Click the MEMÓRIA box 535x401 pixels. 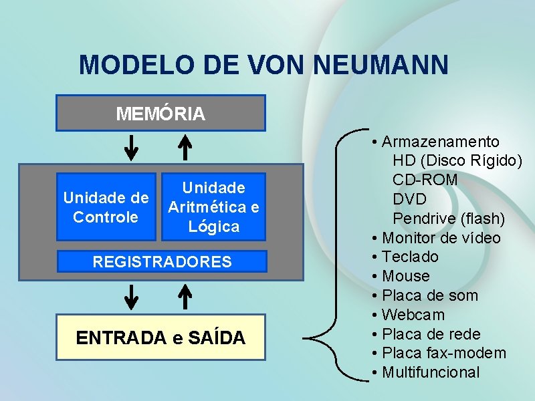pyautogui.click(x=160, y=113)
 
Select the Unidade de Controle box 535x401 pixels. pyautogui.click(x=106, y=207)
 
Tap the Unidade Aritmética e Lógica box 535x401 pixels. pyautogui.click(x=213, y=207)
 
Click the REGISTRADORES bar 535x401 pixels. pyautogui.click(x=162, y=261)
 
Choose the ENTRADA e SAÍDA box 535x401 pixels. pyautogui.click(x=160, y=338)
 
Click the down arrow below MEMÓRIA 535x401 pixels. pyautogui.click(x=132, y=147)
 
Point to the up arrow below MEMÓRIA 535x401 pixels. pyautogui.click(x=185, y=147)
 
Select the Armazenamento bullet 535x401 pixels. pyautogui.click(x=440, y=142)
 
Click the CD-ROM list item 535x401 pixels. pyautogui.click(x=425, y=180)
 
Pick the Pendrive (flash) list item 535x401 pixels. pyautogui.click(x=449, y=219)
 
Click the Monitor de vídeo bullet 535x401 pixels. pyautogui.click(x=441, y=238)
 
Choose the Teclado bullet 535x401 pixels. pyautogui.click(x=410, y=257)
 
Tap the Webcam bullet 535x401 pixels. pyautogui.click(x=413, y=315)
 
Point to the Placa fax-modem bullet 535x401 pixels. pyautogui.click(x=444, y=353)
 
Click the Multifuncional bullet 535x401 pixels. pyautogui.click(x=431, y=372)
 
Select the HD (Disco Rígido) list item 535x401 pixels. pyautogui.click(x=457, y=160)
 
